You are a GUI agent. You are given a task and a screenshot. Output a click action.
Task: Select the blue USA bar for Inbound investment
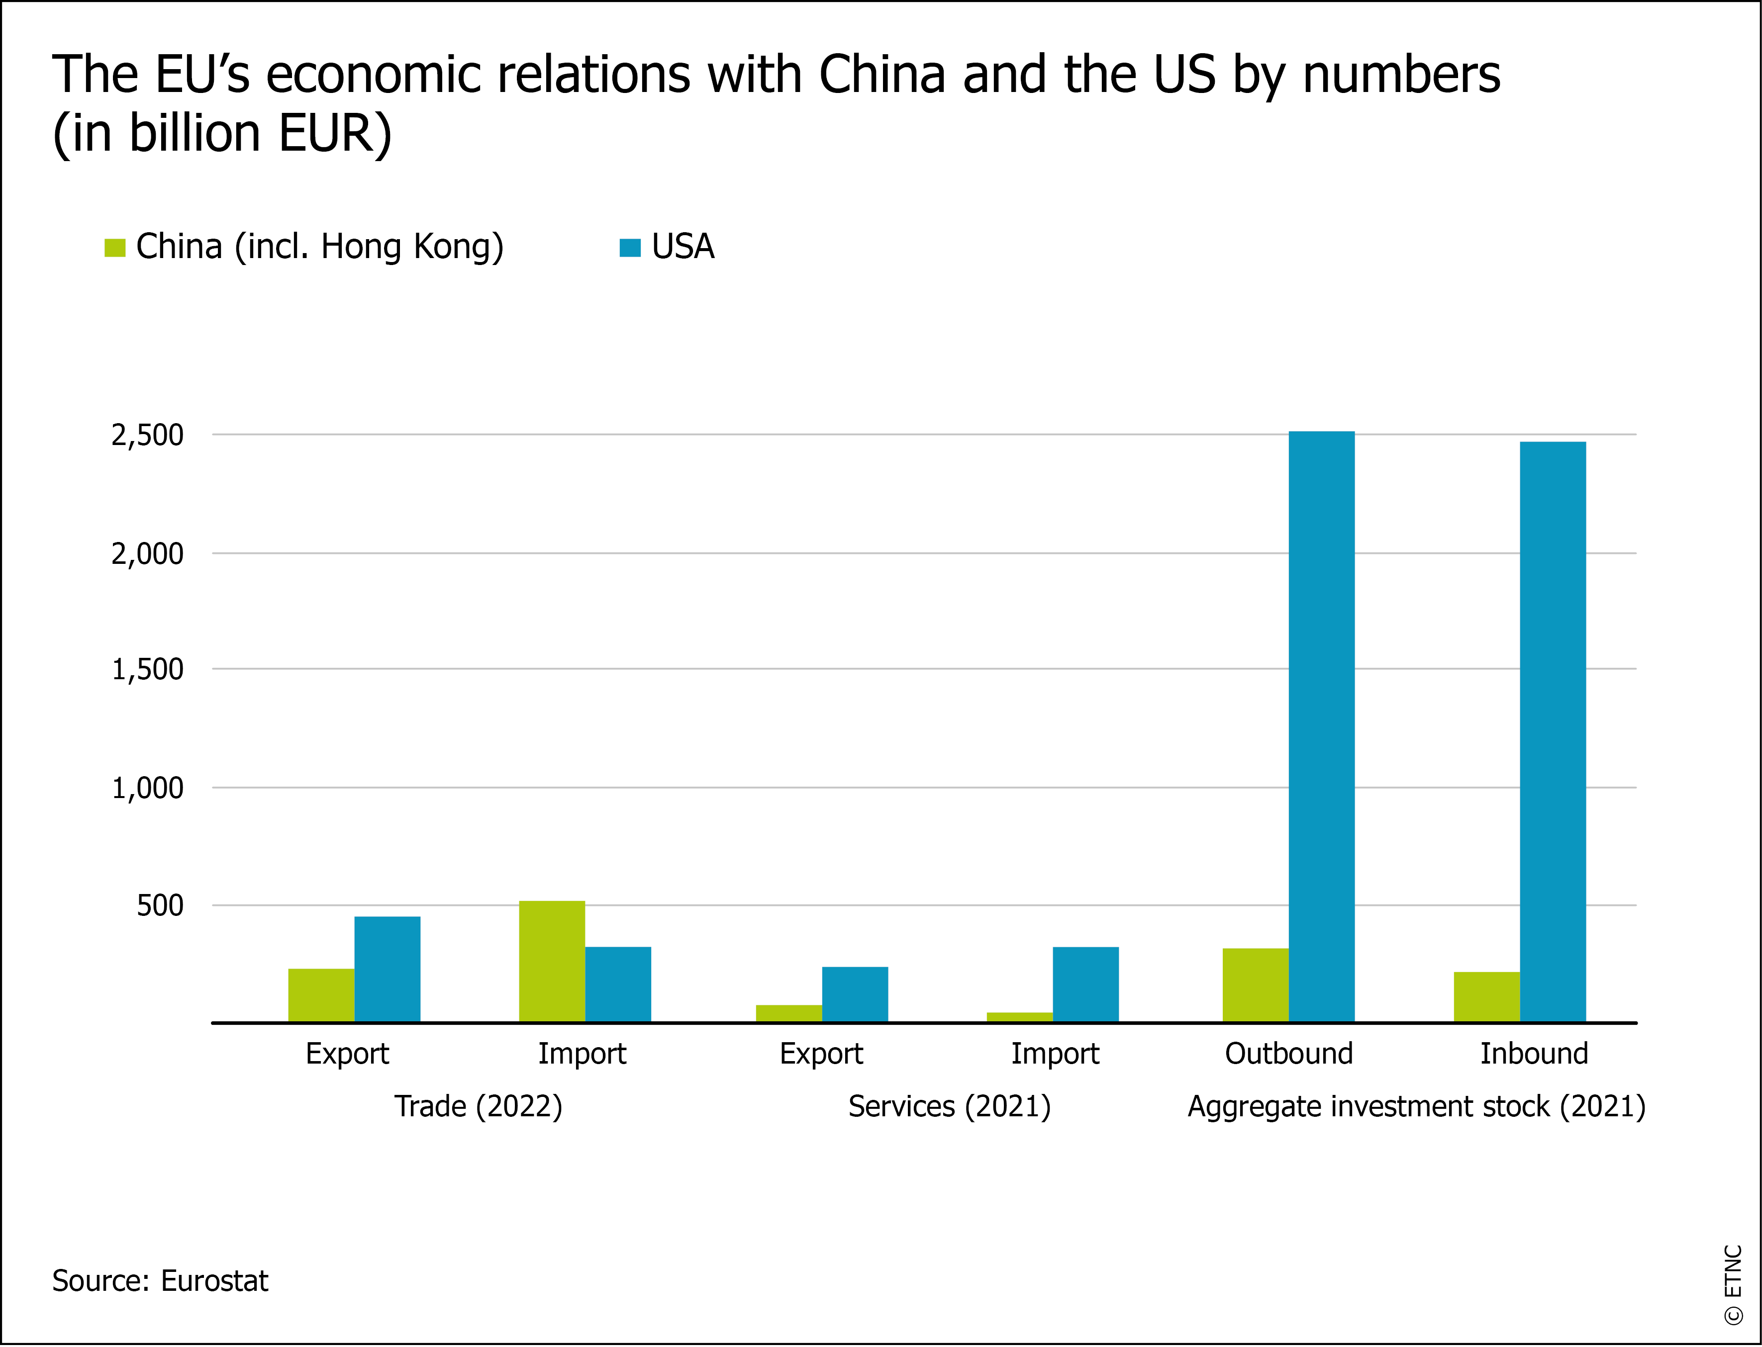coord(1552,731)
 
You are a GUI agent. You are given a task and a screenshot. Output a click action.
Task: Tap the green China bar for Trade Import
coord(552,961)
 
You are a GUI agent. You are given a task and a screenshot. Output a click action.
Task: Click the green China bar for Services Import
coord(1019,1017)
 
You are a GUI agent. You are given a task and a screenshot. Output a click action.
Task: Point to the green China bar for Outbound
coord(1255,985)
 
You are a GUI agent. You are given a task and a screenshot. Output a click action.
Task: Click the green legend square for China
coord(115,248)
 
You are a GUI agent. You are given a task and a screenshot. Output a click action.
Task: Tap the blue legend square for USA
coord(630,248)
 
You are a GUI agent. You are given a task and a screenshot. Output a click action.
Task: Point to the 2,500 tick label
coord(148,436)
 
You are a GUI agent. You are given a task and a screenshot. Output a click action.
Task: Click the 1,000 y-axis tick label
coord(148,788)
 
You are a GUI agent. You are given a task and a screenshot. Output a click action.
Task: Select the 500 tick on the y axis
coord(160,906)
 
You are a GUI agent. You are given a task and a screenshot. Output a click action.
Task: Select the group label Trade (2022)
coord(478,1106)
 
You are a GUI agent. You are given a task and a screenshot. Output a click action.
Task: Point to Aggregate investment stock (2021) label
coord(1416,1106)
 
